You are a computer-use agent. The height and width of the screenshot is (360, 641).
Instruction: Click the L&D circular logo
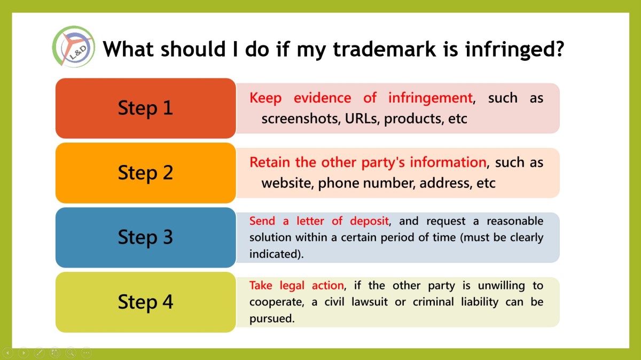[x=74, y=46]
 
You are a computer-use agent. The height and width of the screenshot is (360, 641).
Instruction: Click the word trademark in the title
[x=384, y=49]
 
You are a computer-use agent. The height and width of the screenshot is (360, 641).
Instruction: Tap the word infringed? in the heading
[x=514, y=50]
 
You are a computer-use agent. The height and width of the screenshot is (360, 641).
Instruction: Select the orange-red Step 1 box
[x=146, y=108]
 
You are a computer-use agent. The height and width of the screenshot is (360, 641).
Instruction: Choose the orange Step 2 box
[x=146, y=173]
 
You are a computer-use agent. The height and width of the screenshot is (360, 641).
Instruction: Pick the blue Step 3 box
[x=146, y=238]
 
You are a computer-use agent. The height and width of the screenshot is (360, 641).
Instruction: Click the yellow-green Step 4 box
[x=146, y=302]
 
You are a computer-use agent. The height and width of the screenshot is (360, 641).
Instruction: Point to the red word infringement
[x=431, y=98]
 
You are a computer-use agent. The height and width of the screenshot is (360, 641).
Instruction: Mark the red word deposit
[x=369, y=221]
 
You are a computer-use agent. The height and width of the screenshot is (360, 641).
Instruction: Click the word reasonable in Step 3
[x=515, y=221]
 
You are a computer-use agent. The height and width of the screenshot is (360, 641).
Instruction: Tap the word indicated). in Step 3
[x=277, y=254]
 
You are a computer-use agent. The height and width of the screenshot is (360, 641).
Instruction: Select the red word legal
[x=292, y=286]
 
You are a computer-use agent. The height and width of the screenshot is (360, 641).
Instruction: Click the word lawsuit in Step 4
[x=370, y=302]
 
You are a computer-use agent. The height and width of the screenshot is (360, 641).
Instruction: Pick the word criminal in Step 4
[x=433, y=302]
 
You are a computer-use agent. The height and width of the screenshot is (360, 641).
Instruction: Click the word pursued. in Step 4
[x=272, y=318]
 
